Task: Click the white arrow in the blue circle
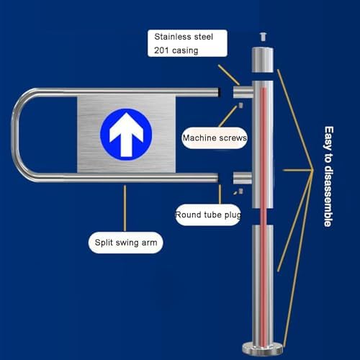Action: (x=126, y=135)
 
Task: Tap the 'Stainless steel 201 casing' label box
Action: (x=187, y=43)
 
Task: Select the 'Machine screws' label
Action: (x=215, y=138)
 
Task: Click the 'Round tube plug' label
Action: (x=208, y=215)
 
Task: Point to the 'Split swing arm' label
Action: (x=126, y=243)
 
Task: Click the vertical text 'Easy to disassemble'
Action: (x=328, y=176)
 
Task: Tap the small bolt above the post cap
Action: (x=263, y=37)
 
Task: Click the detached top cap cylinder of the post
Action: (x=263, y=60)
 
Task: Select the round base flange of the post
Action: (x=263, y=348)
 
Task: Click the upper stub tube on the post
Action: (x=243, y=92)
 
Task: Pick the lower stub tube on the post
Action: (x=243, y=178)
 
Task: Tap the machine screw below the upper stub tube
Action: (x=240, y=105)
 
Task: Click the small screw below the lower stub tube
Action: (x=241, y=191)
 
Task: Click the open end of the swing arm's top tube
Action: (x=219, y=92)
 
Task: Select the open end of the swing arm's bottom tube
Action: (x=218, y=178)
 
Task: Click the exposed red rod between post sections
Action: (x=264, y=217)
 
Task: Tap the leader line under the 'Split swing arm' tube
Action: (x=125, y=208)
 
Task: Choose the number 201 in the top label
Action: (x=161, y=50)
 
